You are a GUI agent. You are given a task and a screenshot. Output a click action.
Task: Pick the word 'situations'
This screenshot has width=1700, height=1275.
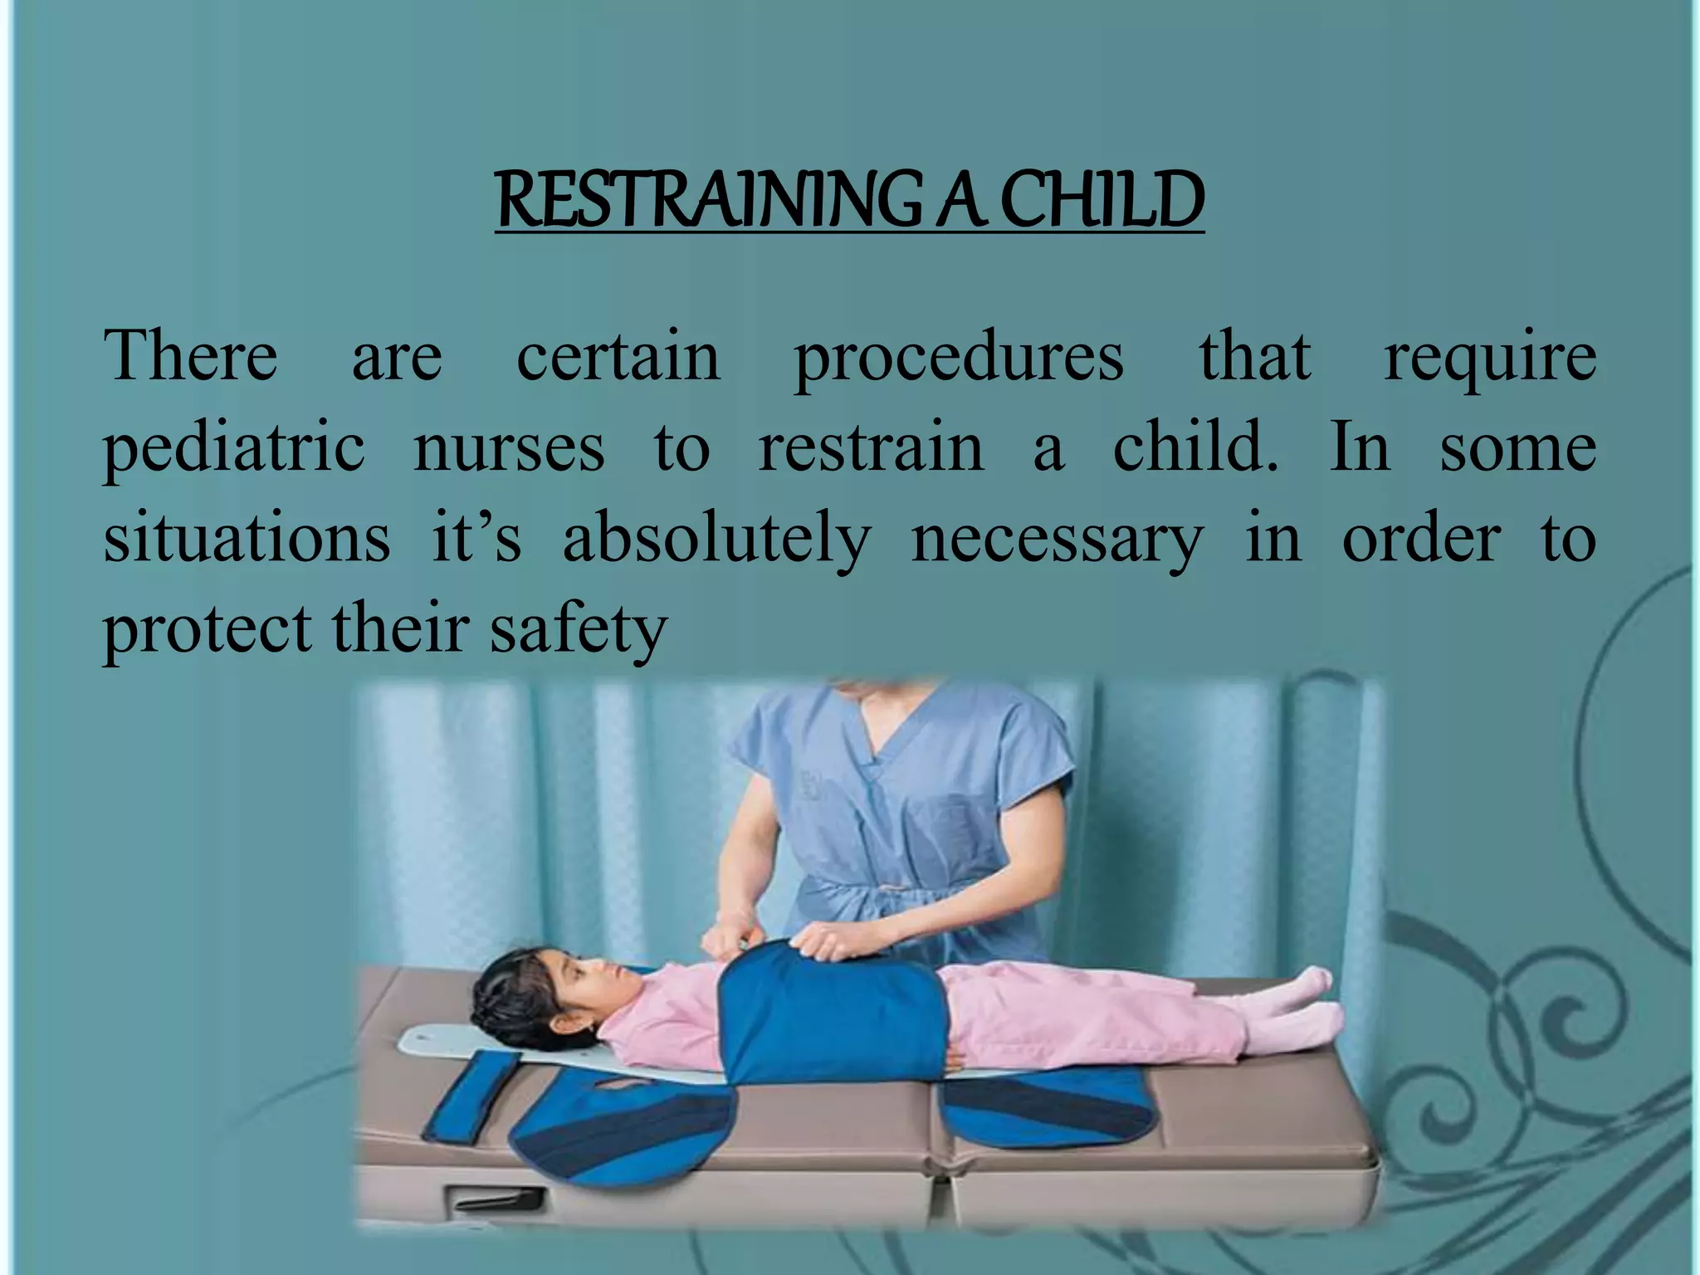click(x=247, y=538)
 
